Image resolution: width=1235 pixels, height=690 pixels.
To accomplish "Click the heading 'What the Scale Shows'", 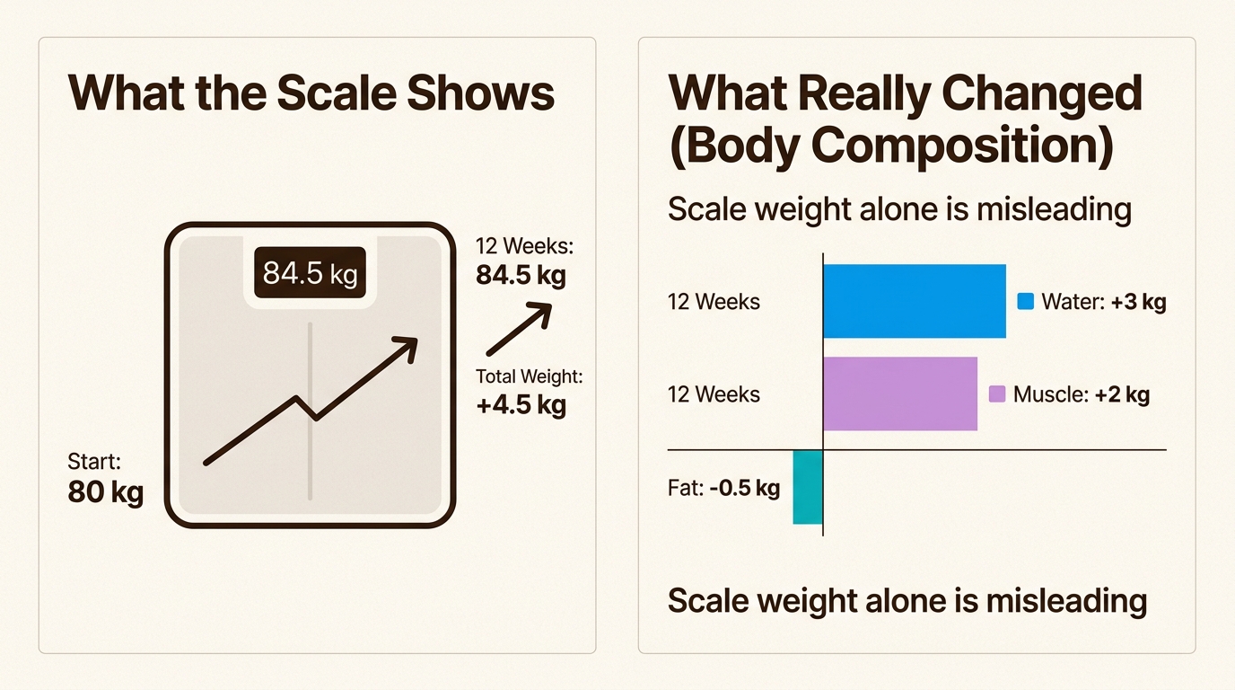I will point(311,93).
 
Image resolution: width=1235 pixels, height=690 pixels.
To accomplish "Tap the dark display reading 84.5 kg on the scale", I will point(310,273).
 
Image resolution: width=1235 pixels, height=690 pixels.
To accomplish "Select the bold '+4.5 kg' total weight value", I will point(521,404).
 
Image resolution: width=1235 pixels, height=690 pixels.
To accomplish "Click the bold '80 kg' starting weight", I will point(106,492).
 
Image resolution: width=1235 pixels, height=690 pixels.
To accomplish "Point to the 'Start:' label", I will point(94,462).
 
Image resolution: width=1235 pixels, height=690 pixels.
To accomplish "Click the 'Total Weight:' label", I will point(529,376).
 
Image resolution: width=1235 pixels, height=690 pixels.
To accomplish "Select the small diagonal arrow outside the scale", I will point(518,330).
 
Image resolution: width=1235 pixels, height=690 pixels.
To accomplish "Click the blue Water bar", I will point(914,301).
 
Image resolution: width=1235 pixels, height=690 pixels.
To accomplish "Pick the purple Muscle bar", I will point(899,394).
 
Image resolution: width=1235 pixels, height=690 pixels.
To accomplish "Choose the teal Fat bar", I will point(808,487).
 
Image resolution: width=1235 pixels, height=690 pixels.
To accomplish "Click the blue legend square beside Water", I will point(1025,302).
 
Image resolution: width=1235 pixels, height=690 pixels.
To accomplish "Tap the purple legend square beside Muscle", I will point(996,394).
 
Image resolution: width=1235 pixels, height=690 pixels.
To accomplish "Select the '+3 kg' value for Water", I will point(1138,302).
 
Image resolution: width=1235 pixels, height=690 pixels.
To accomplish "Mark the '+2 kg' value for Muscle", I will point(1122,394).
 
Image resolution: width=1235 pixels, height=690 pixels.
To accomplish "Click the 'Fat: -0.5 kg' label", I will point(723,489).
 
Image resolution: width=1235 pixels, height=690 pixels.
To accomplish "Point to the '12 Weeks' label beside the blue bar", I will point(714,302).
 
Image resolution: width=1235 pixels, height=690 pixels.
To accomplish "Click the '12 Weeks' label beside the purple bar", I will point(714,394).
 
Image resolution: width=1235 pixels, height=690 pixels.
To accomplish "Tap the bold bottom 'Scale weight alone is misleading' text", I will point(907,600).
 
